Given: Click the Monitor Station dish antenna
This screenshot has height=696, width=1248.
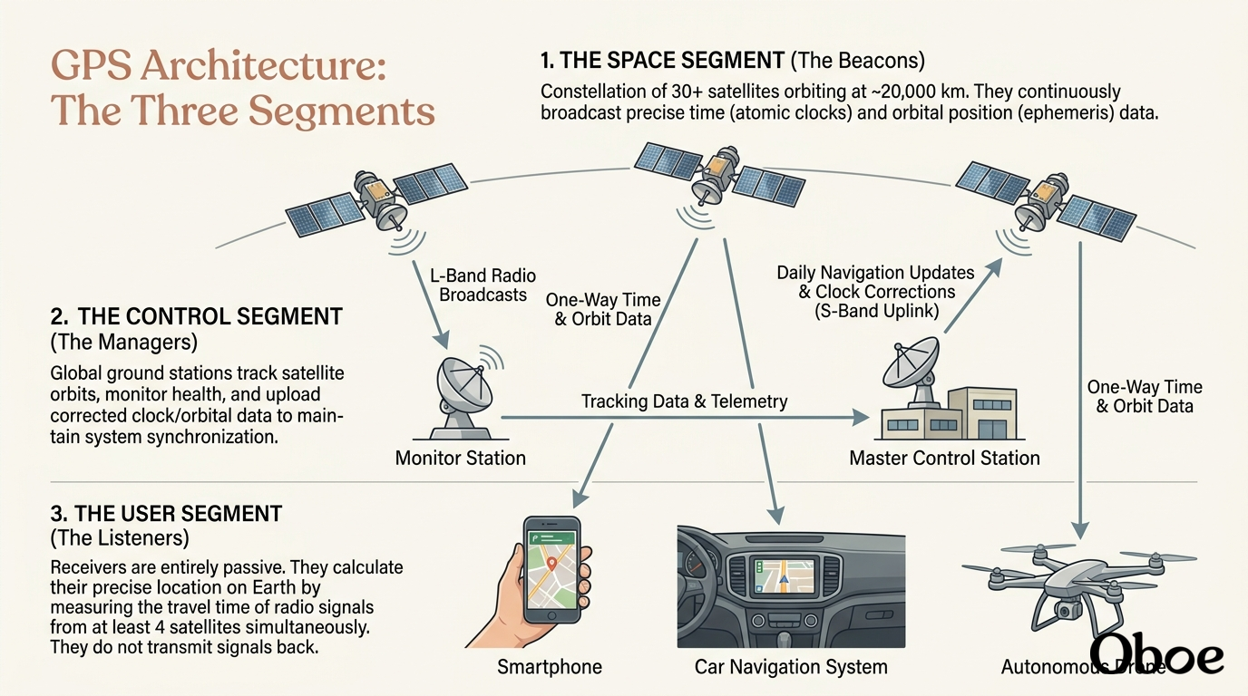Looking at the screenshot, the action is pyautogui.click(x=464, y=392).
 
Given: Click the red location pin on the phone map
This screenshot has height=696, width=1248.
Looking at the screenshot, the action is pyautogui.click(x=551, y=564).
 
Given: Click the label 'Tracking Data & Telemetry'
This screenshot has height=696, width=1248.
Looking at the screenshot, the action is pyautogui.click(x=684, y=401).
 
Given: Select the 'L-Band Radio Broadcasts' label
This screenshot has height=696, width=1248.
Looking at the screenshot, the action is pyautogui.click(x=483, y=285).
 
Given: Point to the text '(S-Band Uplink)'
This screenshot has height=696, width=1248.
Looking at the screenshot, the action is pyautogui.click(x=876, y=311).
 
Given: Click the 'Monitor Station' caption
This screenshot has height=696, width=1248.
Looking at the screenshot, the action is pyautogui.click(x=460, y=458).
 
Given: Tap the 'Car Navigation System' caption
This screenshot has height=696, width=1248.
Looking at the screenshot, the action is pyautogui.click(x=791, y=666).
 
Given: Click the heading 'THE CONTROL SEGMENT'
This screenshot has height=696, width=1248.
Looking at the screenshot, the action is pyautogui.click(x=210, y=316).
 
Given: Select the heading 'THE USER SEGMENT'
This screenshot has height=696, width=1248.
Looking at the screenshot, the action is pyautogui.click(x=179, y=513).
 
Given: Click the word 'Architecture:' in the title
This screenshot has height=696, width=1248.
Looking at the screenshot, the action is pyautogui.click(x=263, y=66).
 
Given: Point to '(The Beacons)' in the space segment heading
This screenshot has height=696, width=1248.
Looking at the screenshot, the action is pyautogui.click(x=857, y=60).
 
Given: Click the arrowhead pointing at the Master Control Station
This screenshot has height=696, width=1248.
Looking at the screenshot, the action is pyautogui.click(x=860, y=417).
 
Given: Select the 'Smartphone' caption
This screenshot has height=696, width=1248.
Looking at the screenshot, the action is pyautogui.click(x=550, y=666).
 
